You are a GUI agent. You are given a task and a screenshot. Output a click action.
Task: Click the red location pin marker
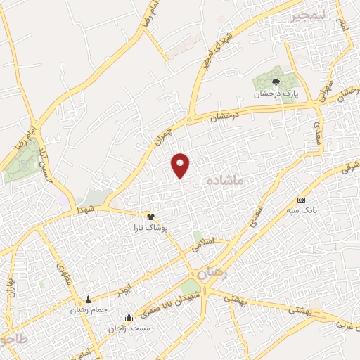pyautogui.click(x=181, y=165)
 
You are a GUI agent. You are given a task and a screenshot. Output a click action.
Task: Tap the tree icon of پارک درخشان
pyautogui.click(x=274, y=83)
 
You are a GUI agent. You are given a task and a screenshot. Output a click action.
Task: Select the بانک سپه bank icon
pyautogui.click(x=302, y=200)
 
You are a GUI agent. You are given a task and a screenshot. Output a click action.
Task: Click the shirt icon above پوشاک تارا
pyautogui.click(x=150, y=217)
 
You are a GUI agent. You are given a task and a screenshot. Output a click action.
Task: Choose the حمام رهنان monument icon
pyautogui.click(x=88, y=300)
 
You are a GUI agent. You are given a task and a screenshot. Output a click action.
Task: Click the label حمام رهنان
pyautogui.click(x=88, y=309)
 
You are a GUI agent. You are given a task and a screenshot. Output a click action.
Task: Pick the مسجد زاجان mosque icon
pyautogui.click(x=127, y=317)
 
